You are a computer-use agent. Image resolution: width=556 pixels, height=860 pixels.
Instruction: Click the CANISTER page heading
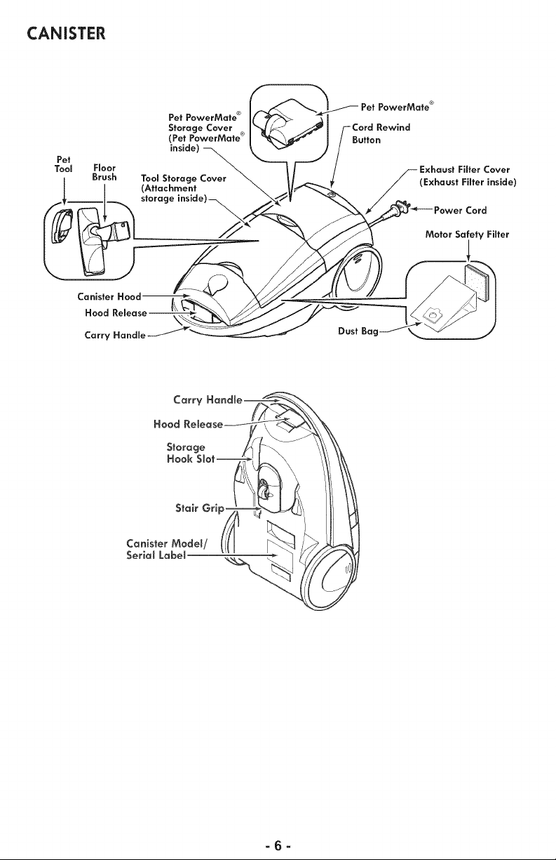[66, 33]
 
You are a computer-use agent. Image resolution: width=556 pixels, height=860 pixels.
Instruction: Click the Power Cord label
[460, 211]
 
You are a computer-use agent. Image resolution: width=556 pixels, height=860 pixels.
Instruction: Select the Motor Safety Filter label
[467, 234]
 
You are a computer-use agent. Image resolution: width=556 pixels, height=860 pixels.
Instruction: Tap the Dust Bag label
[358, 331]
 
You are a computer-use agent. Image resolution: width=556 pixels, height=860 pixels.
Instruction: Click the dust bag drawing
[443, 303]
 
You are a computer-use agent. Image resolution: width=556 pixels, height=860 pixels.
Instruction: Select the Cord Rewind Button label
[381, 133]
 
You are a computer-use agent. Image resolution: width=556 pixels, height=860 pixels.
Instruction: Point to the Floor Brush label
[104, 173]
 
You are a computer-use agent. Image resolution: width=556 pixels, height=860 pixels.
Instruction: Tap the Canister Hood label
[109, 297]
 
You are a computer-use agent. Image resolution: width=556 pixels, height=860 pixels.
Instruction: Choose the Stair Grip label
[200, 508]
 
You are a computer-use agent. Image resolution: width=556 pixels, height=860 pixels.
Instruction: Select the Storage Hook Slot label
[191, 453]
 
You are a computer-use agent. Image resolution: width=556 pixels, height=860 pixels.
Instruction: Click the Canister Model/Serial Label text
[167, 550]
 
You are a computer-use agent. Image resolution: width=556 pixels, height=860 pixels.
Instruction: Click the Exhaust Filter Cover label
[468, 176]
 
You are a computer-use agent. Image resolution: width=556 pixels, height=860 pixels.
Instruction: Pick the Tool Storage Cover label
[184, 189]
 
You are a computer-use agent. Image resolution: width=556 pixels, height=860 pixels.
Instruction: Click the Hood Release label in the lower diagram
[189, 424]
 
